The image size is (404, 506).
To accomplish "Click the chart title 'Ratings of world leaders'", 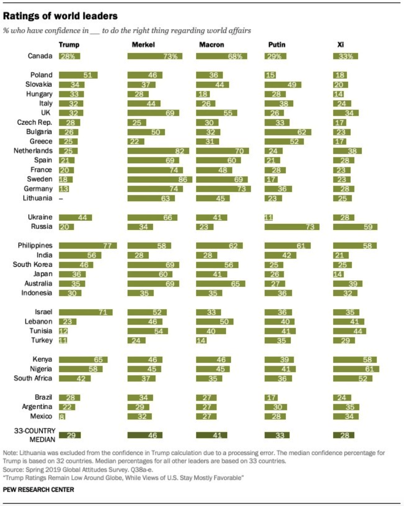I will click(x=60, y=16).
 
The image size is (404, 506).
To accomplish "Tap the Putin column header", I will click(x=277, y=45).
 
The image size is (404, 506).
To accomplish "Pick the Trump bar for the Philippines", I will click(x=88, y=245).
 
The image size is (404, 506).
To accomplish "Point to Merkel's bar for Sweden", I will click(x=160, y=179).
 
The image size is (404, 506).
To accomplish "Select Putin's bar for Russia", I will click(x=292, y=227).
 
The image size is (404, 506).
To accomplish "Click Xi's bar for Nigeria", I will click(x=356, y=368).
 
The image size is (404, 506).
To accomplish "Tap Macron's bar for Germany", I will click(x=223, y=189).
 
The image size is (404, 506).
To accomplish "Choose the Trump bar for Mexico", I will click(x=62, y=416).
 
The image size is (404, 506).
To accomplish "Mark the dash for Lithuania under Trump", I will click(x=61, y=199).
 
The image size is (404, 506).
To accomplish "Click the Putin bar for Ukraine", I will click(x=269, y=217).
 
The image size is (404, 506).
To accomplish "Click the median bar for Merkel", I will click(x=144, y=435).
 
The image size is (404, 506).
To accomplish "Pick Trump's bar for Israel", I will click(x=86, y=312).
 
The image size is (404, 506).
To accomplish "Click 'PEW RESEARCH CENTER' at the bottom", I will click(x=39, y=489).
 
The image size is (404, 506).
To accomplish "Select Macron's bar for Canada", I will click(x=221, y=56).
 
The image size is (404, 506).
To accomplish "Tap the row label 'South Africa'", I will click(x=33, y=378).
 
